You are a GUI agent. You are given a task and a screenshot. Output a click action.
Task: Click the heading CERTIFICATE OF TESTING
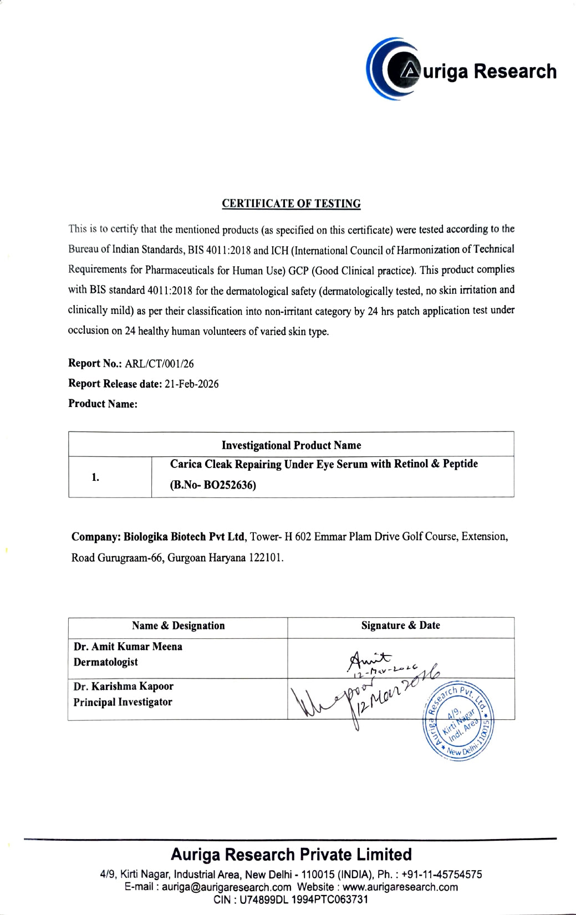[x=291, y=204]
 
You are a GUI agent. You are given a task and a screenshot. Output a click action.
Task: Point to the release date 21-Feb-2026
[x=192, y=384]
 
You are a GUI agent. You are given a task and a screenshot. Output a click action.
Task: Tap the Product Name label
[x=103, y=404]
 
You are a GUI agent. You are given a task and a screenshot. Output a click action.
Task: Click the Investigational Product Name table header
[x=291, y=445]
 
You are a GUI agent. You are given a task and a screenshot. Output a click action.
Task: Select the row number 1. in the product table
[x=95, y=477]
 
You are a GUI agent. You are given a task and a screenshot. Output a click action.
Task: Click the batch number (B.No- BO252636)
[x=213, y=485]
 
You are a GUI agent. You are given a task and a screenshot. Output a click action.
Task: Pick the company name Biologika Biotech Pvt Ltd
[x=183, y=537]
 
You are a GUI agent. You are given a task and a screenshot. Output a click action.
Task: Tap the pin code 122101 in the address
[x=266, y=557]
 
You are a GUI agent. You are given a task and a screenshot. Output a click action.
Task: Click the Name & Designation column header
[x=178, y=626]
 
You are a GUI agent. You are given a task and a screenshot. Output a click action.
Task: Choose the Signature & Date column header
[x=400, y=626]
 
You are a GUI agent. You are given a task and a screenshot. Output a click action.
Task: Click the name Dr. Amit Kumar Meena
[x=128, y=647]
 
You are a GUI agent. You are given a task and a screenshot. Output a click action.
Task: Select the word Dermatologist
[x=105, y=662]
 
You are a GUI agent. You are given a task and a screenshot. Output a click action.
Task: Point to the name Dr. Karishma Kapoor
[x=124, y=687]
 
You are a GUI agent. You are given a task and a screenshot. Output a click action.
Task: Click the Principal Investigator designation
[x=123, y=702]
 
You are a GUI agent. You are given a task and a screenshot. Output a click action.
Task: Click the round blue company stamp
[x=458, y=721]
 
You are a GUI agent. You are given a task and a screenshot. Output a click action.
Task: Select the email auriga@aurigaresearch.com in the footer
[x=226, y=887]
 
